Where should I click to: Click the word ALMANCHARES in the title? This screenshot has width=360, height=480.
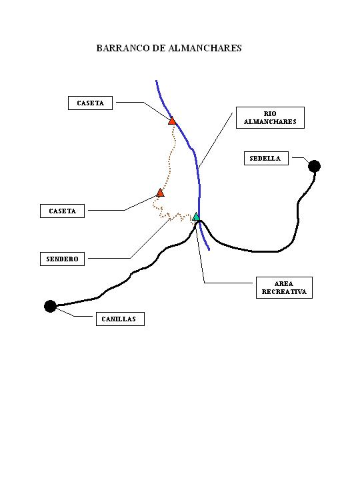pos(205,48)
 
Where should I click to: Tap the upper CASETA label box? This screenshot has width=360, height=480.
pos(90,103)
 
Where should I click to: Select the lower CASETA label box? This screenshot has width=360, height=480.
pos(62,211)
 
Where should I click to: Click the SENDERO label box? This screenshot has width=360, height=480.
pos(62,259)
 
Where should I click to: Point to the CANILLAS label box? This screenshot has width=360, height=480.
pos(120,319)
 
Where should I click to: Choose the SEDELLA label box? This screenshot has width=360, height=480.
pos(266,158)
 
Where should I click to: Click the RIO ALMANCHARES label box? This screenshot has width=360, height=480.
pos(270,117)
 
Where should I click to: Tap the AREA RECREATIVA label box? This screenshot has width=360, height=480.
pos(284,287)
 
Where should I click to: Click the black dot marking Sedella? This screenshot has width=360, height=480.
pos(315,166)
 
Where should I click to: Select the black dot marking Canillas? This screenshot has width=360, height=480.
pos(50,306)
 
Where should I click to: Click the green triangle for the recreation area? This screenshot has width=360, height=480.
pos(196,217)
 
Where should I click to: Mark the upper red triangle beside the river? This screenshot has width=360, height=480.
pos(172,121)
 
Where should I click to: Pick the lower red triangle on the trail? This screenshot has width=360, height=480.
pos(160,193)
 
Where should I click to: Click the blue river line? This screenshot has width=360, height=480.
pos(197,165)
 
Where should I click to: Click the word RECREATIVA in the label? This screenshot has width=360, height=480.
pos(284,292)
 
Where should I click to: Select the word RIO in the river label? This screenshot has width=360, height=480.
pos(270,113)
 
